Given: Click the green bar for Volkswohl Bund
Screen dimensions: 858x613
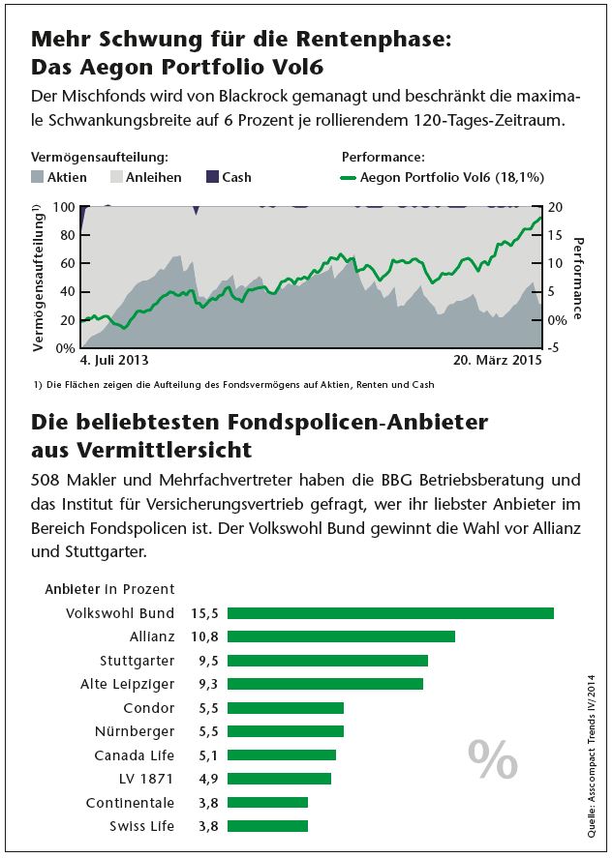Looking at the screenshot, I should click(x=390, y=613).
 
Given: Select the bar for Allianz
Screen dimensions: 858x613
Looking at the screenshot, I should click(x=341, y=636).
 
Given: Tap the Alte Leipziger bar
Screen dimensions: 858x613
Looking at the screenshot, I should click(x=325, y=684).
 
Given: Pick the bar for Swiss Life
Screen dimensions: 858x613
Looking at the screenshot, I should click(x=267, y=826).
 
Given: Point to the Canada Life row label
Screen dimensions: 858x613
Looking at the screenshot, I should click(x=135, y=755).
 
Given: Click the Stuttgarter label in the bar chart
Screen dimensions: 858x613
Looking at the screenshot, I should click(x=138, y=661).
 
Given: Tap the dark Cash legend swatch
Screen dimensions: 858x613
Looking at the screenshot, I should click(x=213, y=177).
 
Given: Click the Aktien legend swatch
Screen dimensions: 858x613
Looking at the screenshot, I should click(x=38, y=177).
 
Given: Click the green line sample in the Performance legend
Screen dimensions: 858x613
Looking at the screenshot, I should click(x=349, y=177).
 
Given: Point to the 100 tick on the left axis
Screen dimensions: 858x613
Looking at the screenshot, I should click(x=63, y=207).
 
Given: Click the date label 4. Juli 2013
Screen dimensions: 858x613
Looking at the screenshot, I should click(x=113, y=360).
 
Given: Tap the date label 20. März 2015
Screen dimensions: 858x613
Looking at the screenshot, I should click(x=497, y=360).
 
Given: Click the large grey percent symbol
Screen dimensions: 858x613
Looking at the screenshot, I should click(x=493, y=759).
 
